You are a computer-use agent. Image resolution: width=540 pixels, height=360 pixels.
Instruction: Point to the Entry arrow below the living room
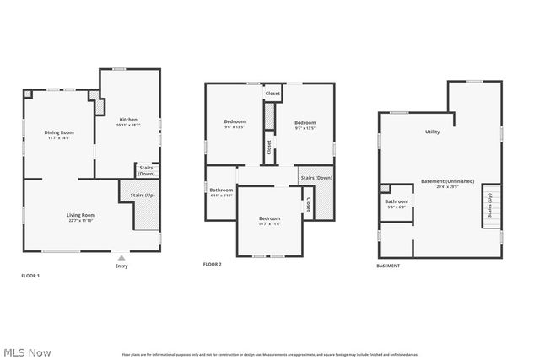tap(121, 257)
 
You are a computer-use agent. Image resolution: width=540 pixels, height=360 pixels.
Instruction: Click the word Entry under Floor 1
tap(121, 267)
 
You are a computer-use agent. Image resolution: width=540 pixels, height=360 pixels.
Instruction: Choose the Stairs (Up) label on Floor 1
tap(142, 196)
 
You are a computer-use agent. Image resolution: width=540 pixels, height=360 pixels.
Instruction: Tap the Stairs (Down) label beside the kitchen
tap(146, 170)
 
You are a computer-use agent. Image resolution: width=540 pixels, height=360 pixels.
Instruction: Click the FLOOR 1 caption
tap(30, 276)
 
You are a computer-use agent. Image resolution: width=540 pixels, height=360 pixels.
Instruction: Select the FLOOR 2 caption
tap(212, 265)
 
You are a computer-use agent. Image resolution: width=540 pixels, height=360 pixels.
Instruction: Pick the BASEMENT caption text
tap(388, 266)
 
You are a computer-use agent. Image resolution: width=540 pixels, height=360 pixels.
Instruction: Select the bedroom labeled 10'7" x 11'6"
tap(269, 221)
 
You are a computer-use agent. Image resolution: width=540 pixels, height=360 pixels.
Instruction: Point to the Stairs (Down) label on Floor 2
tap(316, 178)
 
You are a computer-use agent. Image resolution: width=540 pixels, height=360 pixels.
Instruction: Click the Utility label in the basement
tap(432, 132)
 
